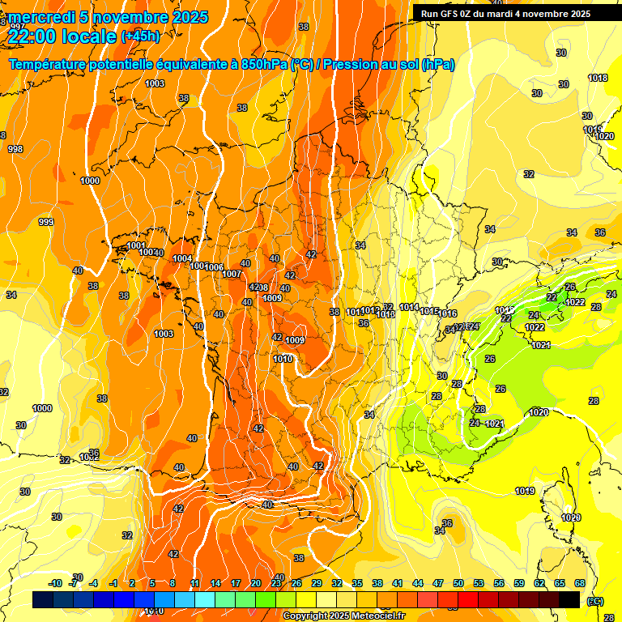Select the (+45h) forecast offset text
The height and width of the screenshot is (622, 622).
(140, 36)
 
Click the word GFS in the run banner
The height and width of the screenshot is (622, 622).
(452, 14)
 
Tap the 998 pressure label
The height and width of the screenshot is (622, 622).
(15, 149)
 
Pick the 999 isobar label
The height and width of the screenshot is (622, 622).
(46, 222)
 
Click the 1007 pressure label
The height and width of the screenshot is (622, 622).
(232, 275)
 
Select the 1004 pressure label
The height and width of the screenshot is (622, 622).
(182, 258)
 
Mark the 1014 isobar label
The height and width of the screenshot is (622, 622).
(409, 308)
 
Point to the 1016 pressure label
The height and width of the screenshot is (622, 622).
(448, 313)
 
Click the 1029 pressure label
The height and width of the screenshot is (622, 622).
(571, 518)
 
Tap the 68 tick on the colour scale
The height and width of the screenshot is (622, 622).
(580, 583)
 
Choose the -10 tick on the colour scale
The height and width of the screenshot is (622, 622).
(55, 583)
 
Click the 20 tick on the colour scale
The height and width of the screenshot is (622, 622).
(255, 583)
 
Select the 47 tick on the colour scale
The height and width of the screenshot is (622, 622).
(438, 583)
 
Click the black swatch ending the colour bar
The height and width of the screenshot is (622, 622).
(570, 599)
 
